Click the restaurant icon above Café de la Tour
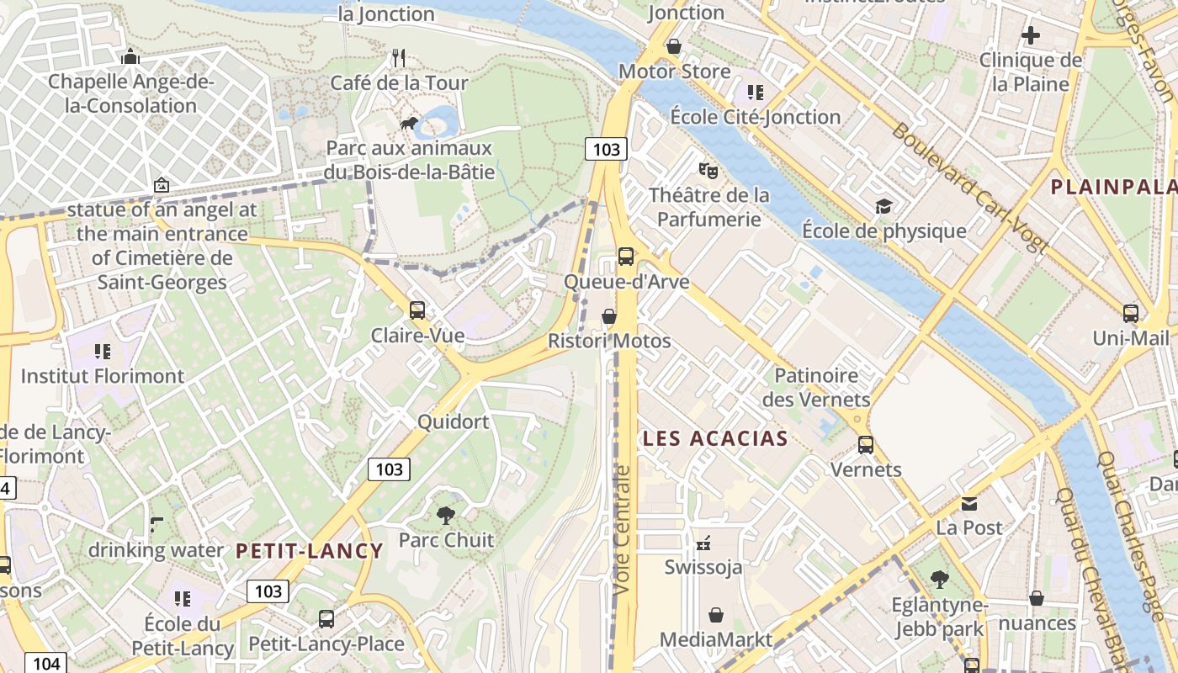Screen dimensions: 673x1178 399,58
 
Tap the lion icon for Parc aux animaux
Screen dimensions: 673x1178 410,125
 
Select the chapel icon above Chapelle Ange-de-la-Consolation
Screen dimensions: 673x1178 130,57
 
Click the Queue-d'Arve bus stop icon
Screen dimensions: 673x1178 625,257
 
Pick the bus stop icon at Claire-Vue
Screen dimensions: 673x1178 417,310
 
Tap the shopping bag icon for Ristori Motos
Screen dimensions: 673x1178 608,316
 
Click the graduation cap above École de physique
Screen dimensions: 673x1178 883,206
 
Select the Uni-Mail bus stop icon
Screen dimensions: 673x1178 1130,314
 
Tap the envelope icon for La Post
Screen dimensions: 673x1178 969,503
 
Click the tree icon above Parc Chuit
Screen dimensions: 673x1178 446,515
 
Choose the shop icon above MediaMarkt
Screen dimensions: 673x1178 715,615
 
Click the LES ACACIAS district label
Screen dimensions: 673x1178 715,438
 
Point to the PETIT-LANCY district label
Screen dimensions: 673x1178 309,551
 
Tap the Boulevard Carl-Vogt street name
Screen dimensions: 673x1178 969,188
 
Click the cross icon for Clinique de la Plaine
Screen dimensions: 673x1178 1030,35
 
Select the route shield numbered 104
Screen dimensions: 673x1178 45,663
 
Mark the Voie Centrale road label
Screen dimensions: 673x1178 622,530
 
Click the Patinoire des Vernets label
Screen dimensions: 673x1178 815,387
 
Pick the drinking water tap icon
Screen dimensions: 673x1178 157,525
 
